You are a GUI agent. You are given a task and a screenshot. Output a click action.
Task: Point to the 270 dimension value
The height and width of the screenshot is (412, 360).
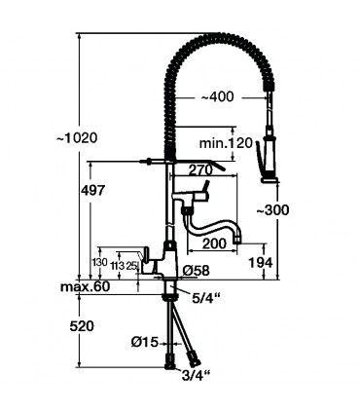tap(200, 169)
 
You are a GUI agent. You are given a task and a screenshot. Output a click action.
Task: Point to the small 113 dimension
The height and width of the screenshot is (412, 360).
tap(117, 265)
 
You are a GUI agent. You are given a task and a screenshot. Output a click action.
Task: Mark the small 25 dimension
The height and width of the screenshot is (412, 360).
tap(131, 265)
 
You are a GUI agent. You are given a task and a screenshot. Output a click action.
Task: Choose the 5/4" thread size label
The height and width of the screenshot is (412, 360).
tap(204, 296)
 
